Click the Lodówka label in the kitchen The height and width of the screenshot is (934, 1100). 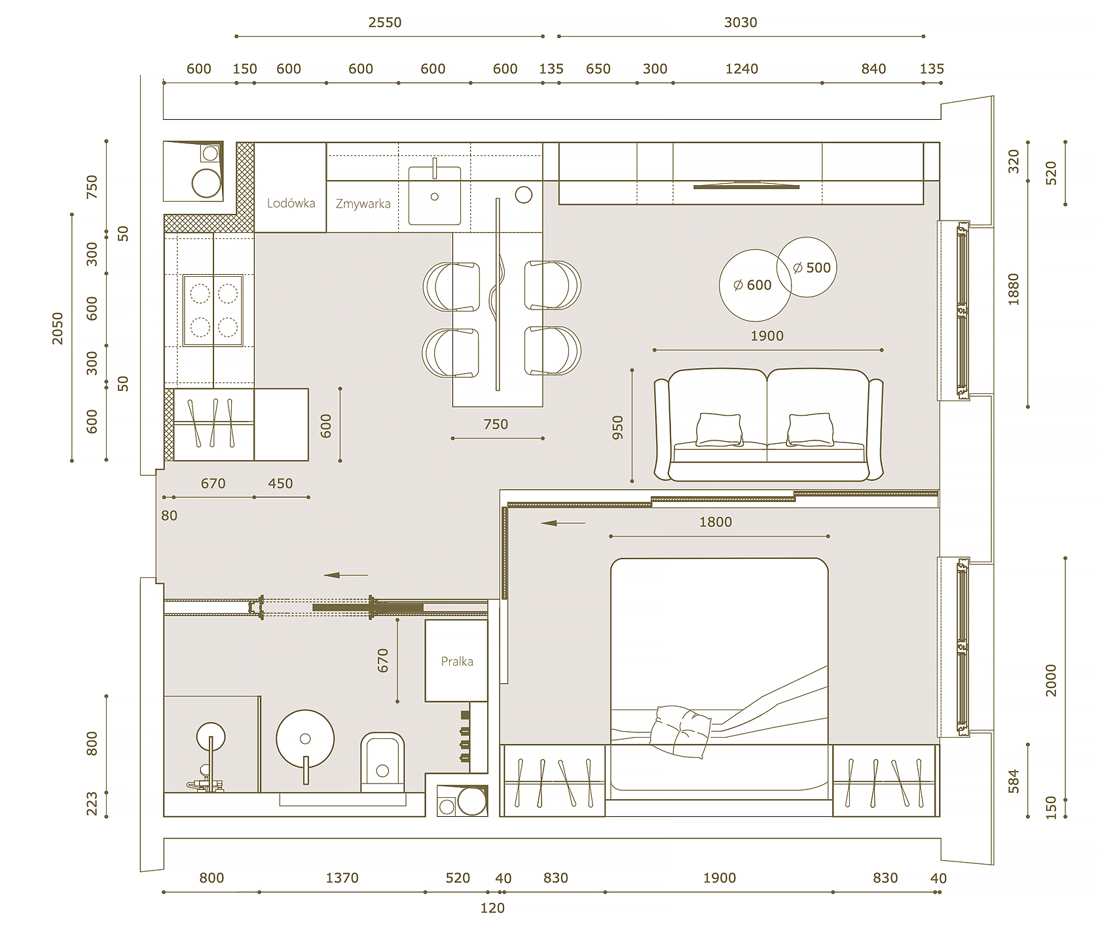pos(291,203)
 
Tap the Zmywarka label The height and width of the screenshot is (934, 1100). pos(363,204)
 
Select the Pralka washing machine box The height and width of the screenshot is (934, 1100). pos(456,660)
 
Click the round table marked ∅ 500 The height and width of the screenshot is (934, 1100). pos(807,267)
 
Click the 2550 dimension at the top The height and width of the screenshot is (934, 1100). pos(384,22)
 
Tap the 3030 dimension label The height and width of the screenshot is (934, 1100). pos(741,22)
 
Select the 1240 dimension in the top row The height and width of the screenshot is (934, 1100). pos(742,69)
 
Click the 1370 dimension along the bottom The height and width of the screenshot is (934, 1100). pos(342,878)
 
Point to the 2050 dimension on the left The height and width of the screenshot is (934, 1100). pos(58,329)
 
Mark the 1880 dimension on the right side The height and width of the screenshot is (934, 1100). pos(1014,289)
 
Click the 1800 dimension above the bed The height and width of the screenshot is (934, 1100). pos(716,522)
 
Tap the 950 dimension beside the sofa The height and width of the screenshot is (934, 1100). pos(617,427)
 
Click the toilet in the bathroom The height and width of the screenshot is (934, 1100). pos(382,763)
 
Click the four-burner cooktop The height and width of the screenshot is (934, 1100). pos(213,310)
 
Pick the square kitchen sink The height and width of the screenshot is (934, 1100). pos(434,195)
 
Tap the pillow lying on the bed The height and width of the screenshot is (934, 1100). pos(681,732)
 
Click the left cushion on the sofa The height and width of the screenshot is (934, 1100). pos(719,429)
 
